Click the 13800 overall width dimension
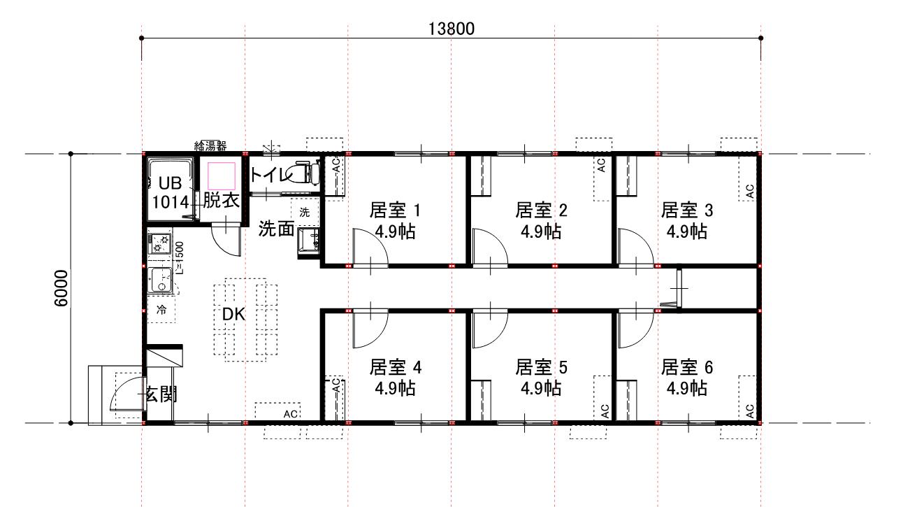[x=451, y=29]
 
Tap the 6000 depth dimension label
[x=61, y=288]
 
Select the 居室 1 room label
[x=395, y=210]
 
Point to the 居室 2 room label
[x=541, y=210]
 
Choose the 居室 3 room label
[x=687, y=210]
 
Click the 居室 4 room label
[x=395, y=367]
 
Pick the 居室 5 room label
[x=541, y=367]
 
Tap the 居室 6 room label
[x=687, y=367]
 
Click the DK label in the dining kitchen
[x=233, y=315]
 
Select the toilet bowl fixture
[x=305, y=173]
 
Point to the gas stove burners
[x=160, y=243]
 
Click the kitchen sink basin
[x=160, y=280]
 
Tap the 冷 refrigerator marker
[x=161, y=310]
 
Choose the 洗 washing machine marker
[x=305, y=212]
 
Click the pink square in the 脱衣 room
[x=222, y=176]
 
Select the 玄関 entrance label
[x=161, y=394]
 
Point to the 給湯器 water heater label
[x=210, y=145]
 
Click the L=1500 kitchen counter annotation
[x=180, y=258]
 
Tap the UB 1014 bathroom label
[x=171, y=192]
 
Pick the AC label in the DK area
[x=290, y=414]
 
